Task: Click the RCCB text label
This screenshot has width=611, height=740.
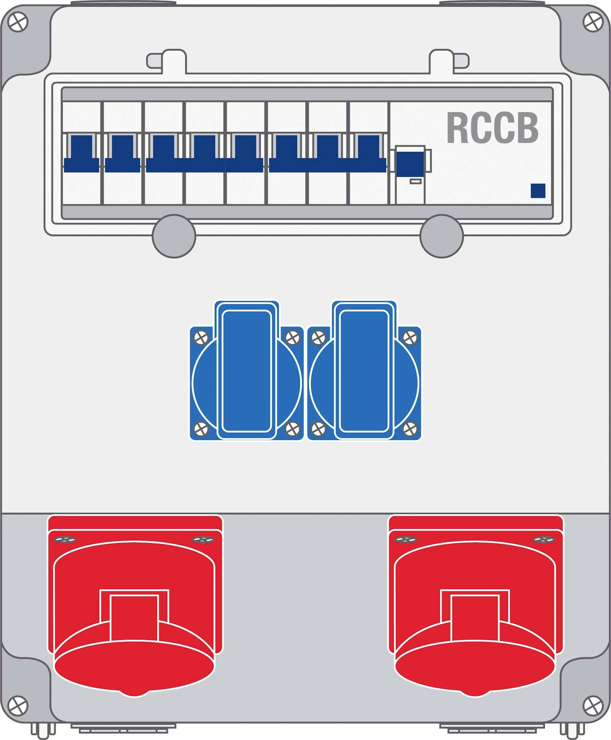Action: pyautogui.click(x=492, y=128)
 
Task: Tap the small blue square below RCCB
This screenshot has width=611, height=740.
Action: pyautogui.click(x=538, y=190)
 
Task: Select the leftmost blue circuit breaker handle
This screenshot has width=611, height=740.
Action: pyautogui.click(x=81, y=154)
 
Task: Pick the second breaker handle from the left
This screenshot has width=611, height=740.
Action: pyautogui.click(x=123, y=154)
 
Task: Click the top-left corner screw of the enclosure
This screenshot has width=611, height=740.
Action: pyautogui.click(x=18, y=22)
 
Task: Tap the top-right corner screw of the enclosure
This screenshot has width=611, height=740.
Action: pyautogui.click(x=593, y=22)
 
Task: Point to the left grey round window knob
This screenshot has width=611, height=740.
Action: pyautogui.click(x=174, y=236)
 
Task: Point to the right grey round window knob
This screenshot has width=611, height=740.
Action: pyautogui.click(x=441, y=236)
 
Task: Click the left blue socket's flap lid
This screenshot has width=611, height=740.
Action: pyautogui.click(x=247, y=370)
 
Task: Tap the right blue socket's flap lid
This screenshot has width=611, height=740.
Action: pyautogui.click(x=364, y=370)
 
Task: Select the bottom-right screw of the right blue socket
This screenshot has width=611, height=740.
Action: pyautogui.click(x=410, y=429)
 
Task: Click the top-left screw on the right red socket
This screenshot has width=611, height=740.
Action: pyautogui.click(x=406, y=539)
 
